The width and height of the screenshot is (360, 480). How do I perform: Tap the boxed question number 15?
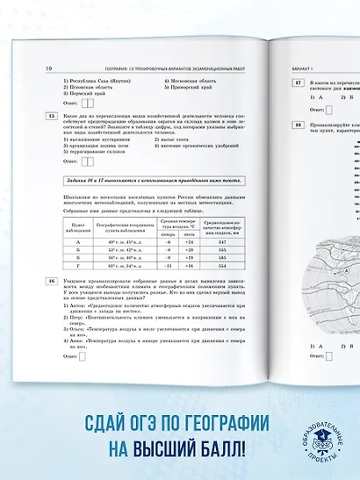(x=53, y=115)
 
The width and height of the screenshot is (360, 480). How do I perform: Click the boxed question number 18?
(x=299, y=125)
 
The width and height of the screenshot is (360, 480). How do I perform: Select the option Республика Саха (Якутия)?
(x=95, y=81)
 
